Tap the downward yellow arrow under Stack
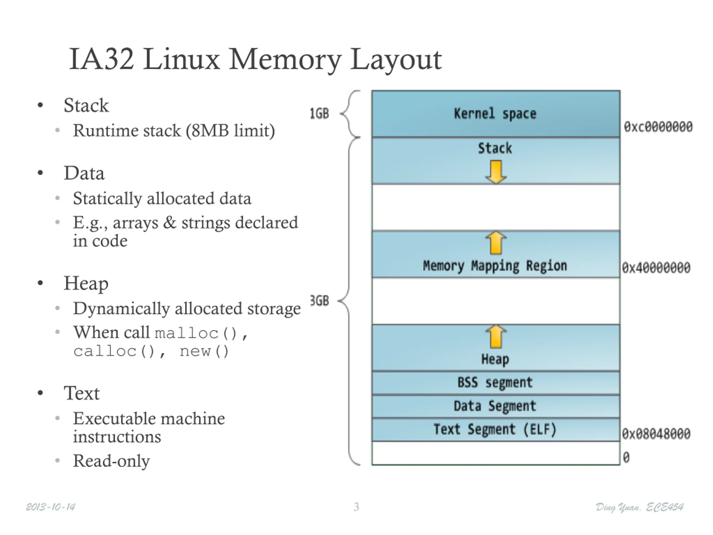[496, 172]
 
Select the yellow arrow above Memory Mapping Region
[496, 242]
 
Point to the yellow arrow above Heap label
[496, 336]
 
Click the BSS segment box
[496, 383]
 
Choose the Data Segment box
[496, 406]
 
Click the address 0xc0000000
[658, 127]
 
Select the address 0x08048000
[656, 434]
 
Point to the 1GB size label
[319, 113]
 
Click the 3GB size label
[319, 301]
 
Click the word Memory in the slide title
[285, 60]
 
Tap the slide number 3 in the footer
[356, 507]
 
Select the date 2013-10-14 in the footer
[51, 507]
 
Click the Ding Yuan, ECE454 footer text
[639, 507]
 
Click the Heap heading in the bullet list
[86, 284]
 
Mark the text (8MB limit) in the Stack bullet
[230, 131]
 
